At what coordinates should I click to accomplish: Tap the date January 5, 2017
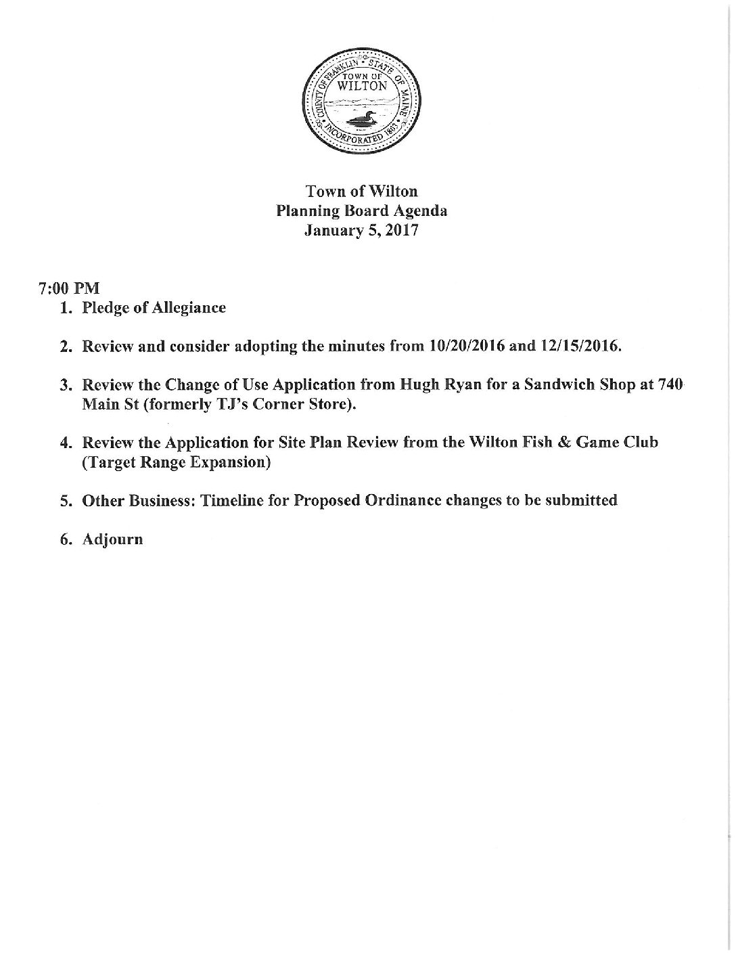coord(362,230)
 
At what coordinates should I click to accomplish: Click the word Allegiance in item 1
coord(191,308)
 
